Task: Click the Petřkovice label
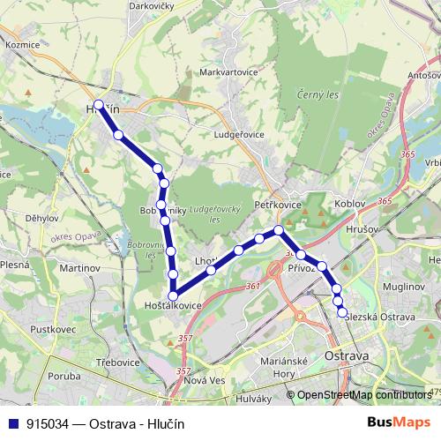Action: pyautogui.click(x=278, y=204)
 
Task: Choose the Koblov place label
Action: pyautogui.click(x=350, y=204)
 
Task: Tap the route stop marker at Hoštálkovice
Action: pyautogui.click(x=174, y=296)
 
